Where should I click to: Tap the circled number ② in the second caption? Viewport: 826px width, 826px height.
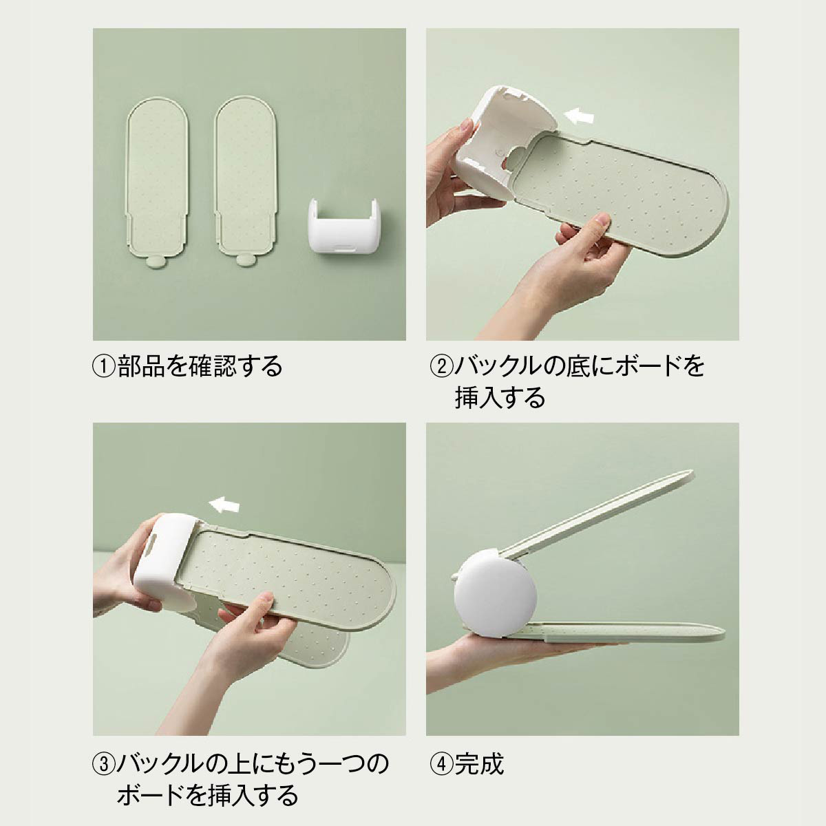(x=441, y=366)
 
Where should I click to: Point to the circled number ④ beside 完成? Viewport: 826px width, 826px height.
(x=441, y=763)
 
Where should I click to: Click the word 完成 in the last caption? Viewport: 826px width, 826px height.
(x=479, y=763)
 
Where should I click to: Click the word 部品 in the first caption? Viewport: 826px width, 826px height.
(x=141, y=366)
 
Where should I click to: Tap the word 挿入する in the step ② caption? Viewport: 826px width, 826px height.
(x=500, y=398)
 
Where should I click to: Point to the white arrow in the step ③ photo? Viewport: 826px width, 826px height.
(x=223, y=505)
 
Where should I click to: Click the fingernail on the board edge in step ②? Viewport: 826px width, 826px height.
(x=603, y=220)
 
